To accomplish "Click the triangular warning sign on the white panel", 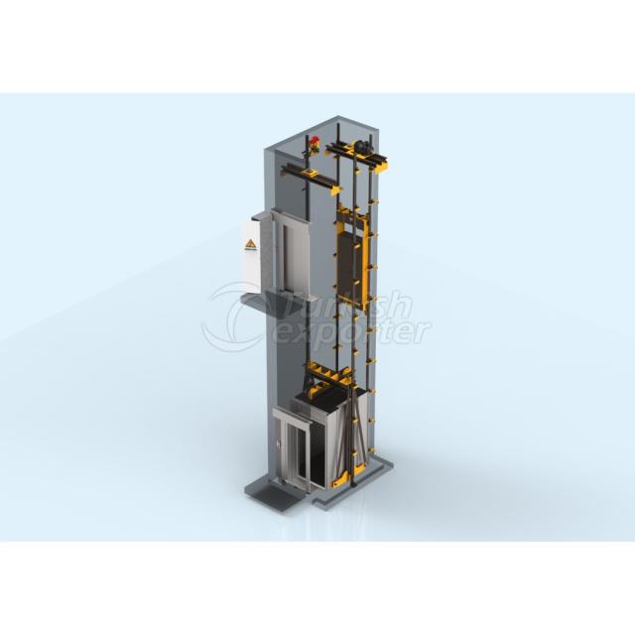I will pyautogui.click(x=249, y=242).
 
